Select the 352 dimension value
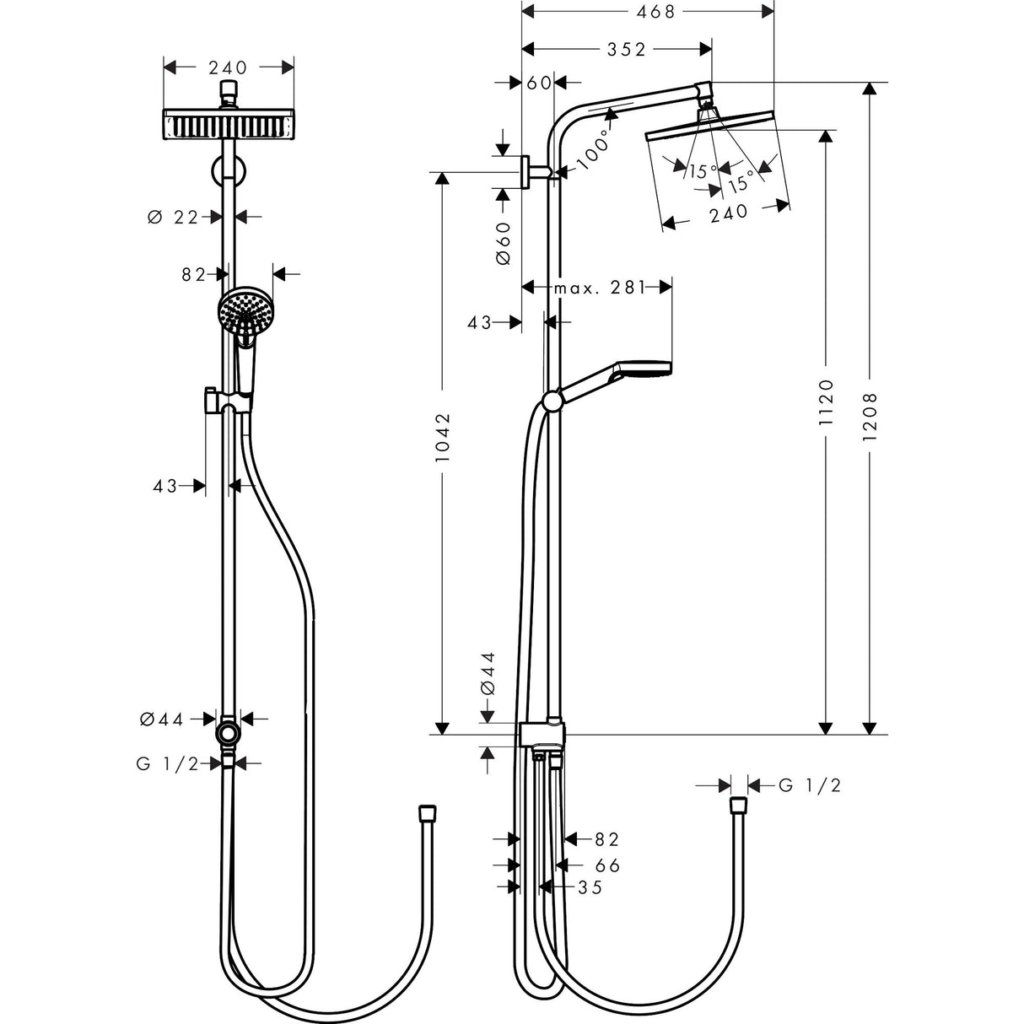(626, 50)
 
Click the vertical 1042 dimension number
(445, 436)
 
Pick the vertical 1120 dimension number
(826, 402)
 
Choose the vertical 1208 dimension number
(871, 414)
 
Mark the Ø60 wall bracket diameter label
(504, 244)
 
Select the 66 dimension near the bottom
(607, 865)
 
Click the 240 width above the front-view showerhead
(228, 67)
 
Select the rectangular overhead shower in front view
(228, 125)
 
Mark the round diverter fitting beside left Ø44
(228, 732)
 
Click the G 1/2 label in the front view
(167, 763)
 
